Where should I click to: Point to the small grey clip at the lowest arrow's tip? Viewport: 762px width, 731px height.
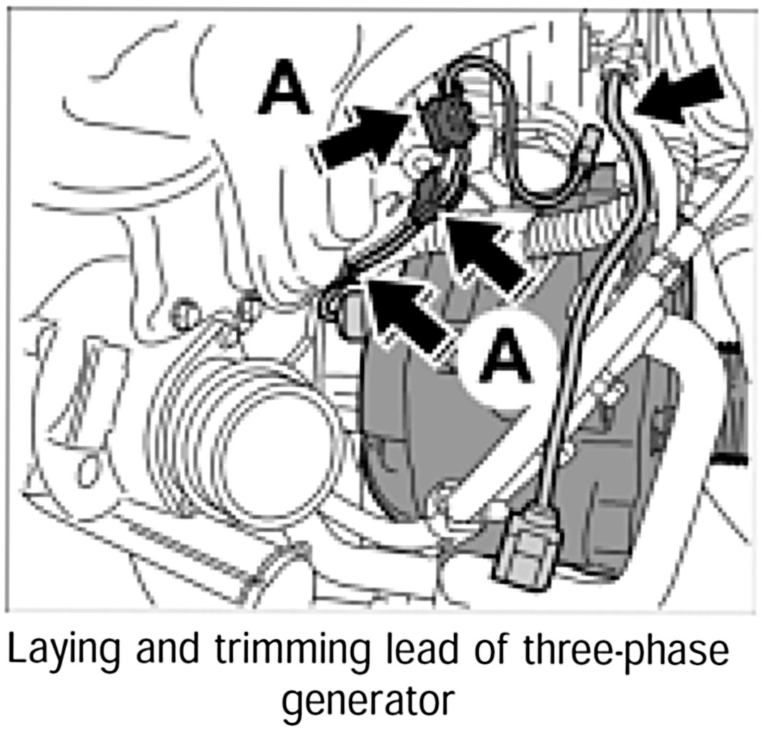tap(349, 314)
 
